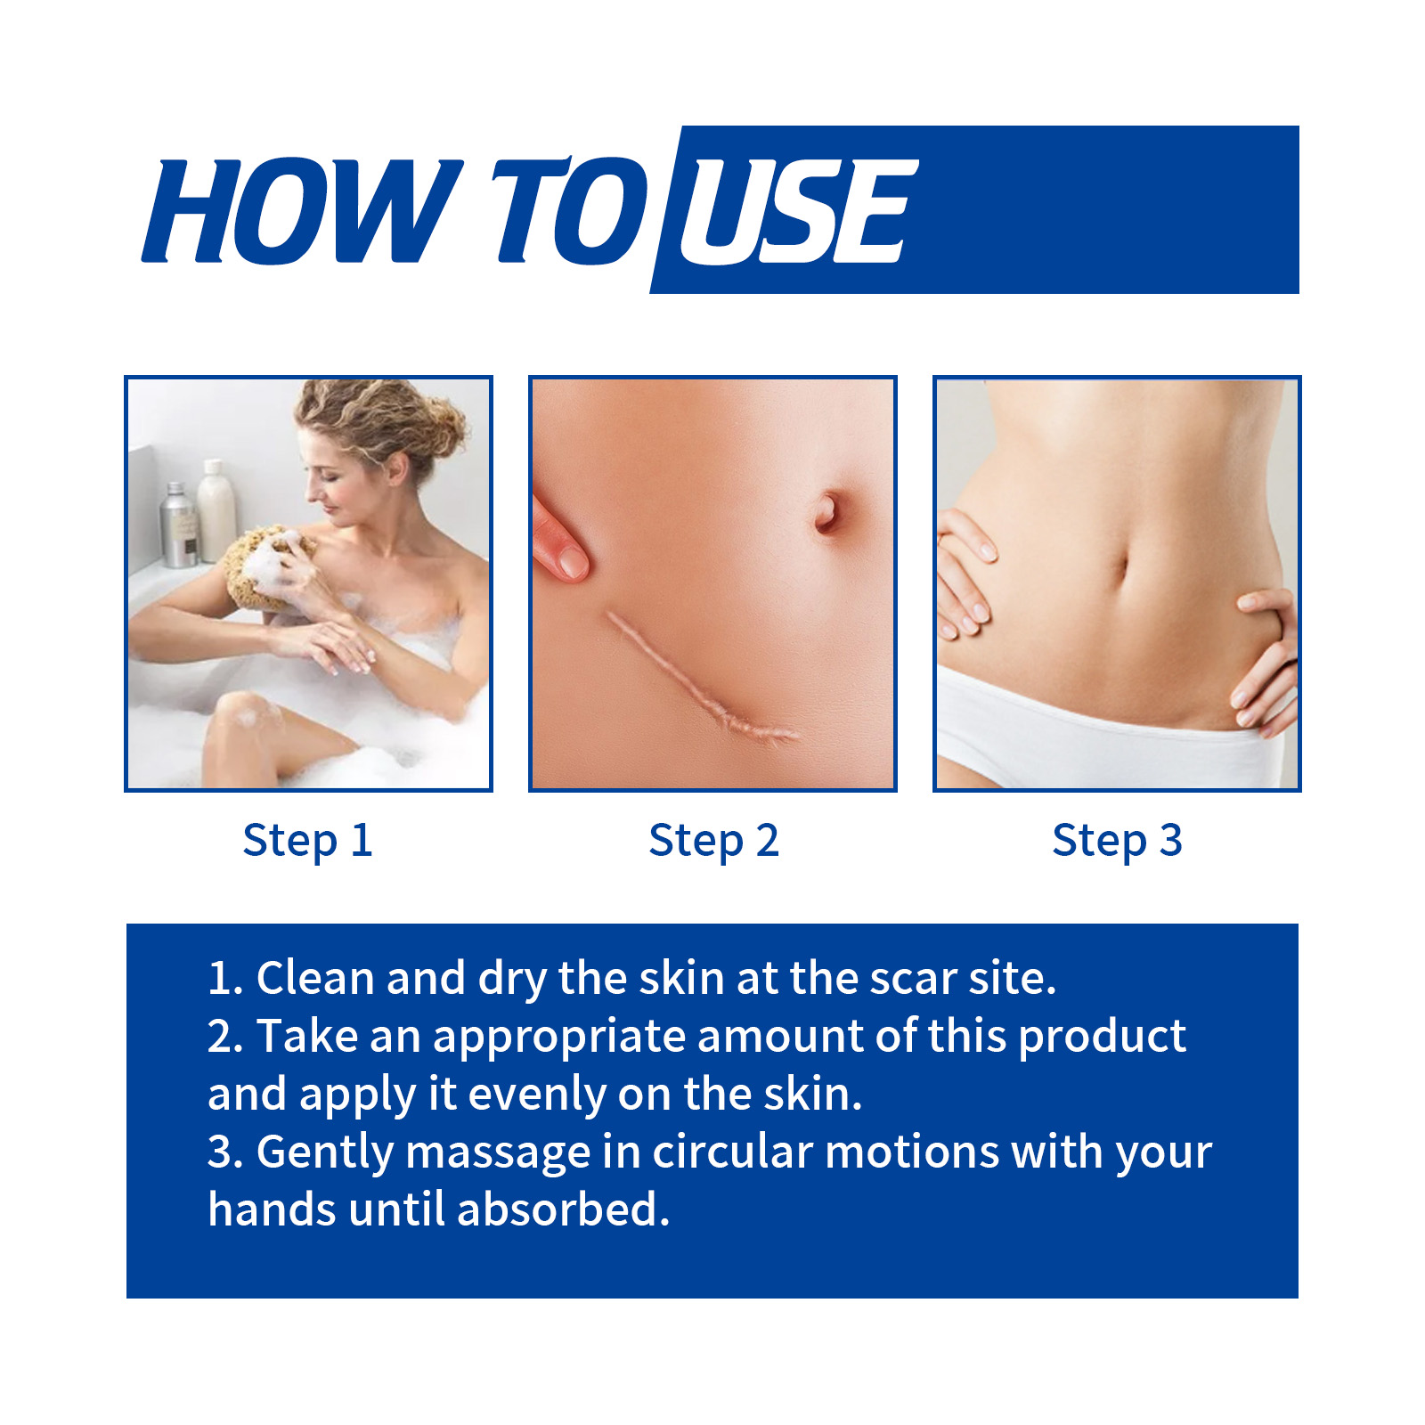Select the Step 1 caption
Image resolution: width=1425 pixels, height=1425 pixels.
click(x=307, y=841)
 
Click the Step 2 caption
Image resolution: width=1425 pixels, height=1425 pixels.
click(x=713, y=841)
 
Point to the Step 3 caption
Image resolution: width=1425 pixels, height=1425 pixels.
click(x=1117, y=841)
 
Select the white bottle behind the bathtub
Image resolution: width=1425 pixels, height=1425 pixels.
click(x=216, y=510)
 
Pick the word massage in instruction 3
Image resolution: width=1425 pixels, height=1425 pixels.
click(x=498, y=1153)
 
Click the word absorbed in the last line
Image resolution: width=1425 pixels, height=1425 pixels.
click(x=563, y=1209)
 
